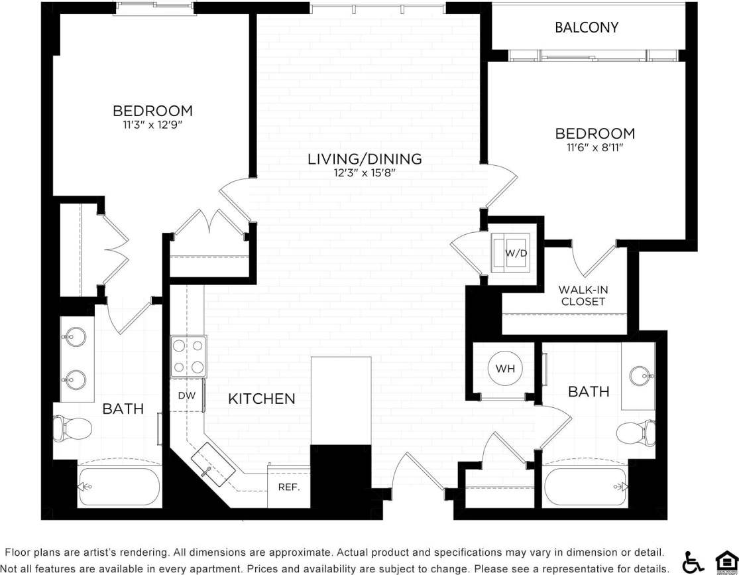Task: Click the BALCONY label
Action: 587,27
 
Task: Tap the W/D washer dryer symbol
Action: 510,253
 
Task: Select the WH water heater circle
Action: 505,368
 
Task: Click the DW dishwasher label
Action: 186,395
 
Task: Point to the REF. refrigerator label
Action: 288,487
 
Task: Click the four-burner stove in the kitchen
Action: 188,357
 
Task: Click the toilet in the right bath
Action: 636,434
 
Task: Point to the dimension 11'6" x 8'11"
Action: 595,148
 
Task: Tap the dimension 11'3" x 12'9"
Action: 152,124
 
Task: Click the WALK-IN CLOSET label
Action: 583,296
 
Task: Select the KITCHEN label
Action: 261,399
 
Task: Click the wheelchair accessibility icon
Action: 693,562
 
